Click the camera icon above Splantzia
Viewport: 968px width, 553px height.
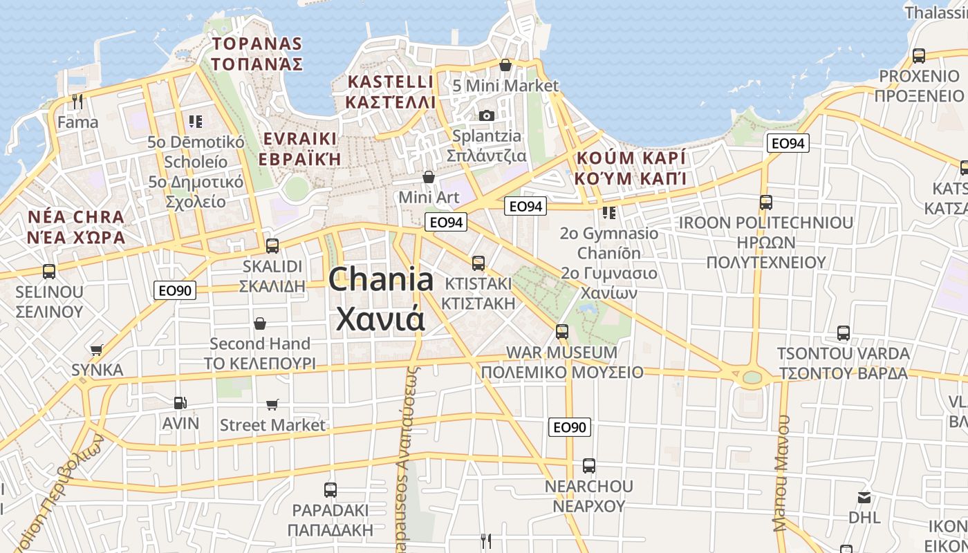[487, 115]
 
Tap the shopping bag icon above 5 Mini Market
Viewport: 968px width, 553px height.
[505, 65]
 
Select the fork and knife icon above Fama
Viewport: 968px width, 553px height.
[77, 102]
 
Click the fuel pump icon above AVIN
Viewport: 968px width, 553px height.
[180, 402]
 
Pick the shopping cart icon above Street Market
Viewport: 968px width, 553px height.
[272, 404]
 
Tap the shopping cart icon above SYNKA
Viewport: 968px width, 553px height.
[97, 350]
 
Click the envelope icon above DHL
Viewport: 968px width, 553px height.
[864, 497]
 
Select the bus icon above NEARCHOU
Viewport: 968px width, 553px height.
[589, 466]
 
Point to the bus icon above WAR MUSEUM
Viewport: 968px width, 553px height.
[562, 332]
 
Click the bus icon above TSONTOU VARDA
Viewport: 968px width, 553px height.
[844, 333]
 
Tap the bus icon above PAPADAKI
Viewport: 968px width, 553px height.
[331, 490]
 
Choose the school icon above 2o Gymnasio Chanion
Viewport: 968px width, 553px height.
[609, 213]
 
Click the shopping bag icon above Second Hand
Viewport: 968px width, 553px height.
[260, 324]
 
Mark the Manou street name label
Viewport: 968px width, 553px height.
[782, 473]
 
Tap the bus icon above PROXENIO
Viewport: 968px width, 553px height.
[919, 56]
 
